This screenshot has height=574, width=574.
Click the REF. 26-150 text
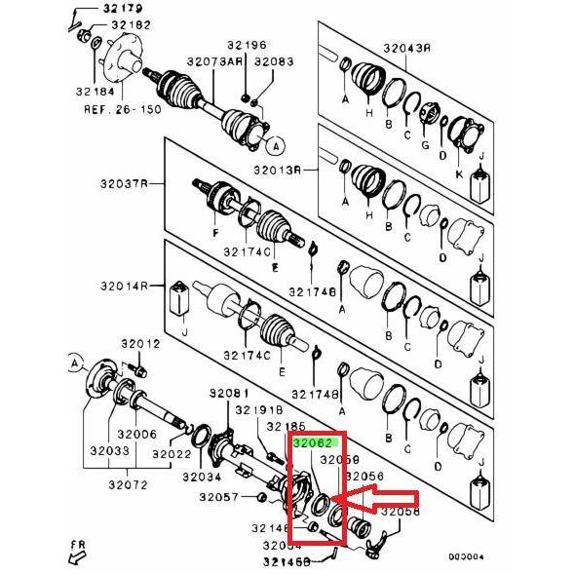110,109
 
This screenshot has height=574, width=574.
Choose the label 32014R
121,287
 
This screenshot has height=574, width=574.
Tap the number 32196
247,45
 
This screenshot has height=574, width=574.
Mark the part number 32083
273,61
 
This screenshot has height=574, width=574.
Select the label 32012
139,344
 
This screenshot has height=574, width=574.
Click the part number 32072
127,484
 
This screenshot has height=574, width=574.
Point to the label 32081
228,393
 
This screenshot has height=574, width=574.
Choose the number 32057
219,497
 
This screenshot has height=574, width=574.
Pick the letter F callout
214,235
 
